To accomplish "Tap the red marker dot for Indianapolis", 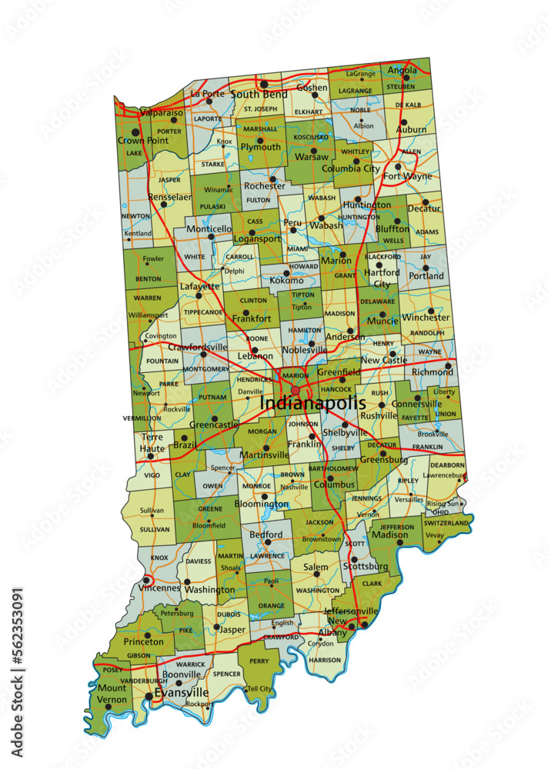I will pos(296,391).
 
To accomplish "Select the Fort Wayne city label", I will pos(407,176).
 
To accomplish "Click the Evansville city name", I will pos(182,692).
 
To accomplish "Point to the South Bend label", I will pos(259,95).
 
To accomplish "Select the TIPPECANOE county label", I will pos(202,312).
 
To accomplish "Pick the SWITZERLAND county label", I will pos(446,523).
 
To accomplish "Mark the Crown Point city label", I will pos(142,141).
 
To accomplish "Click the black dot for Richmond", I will pos(448,365).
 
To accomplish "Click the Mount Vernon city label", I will pos(112,694).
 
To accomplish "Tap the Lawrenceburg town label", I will pos(439,475).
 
